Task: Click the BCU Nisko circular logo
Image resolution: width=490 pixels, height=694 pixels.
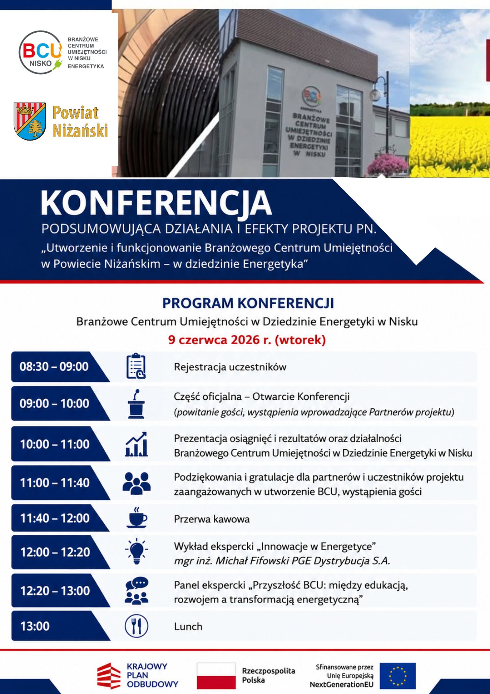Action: pyautogui.click(x=41, y=52)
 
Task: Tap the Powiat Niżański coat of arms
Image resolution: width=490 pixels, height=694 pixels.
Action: pyautogui.click(x=30, y=121)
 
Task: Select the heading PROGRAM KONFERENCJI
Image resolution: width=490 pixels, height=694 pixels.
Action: pyautogui.click(x=248, y=303)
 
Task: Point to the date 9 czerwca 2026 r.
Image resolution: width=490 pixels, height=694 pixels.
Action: pyautogui.click(x=219, y=340)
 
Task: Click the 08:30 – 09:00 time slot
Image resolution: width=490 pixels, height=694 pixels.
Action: pyautogui.click(x=54, y=366)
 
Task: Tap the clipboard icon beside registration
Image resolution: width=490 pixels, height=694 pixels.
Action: pyautogui.click(x=136, y=366)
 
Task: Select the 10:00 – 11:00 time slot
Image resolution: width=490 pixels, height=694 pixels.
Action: pyautogui.click(x=55, y=444)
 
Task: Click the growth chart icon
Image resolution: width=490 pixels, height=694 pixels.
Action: pyautogui.click(x=136, y=444)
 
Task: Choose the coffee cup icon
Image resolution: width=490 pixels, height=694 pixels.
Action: pyautogui.click(x=137, y=517)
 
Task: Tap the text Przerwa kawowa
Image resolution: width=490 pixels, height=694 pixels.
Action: pyautogui.click(x=212, y=519)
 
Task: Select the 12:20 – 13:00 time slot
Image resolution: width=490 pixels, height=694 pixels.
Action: pyautogui.click(x=55, y=591)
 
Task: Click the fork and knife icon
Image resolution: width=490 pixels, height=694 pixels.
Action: pyautogui.click(x=136, y=626)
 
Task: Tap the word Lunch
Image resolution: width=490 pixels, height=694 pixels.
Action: pyautogui.click(x=188, y=626)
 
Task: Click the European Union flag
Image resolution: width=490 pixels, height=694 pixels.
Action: pyautogui.click(x=397, y=676)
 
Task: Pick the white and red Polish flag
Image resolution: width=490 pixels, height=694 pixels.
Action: pyautogui.click(x=216, y=676)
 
